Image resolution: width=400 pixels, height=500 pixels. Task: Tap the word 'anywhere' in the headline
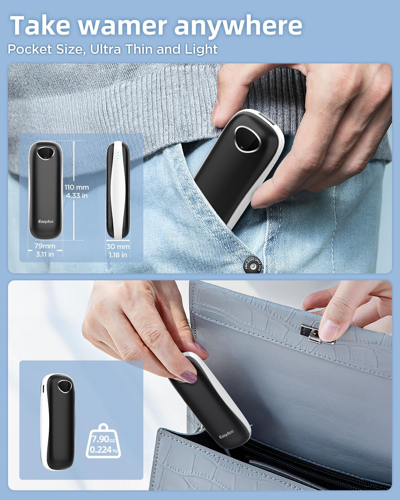click(238, 27)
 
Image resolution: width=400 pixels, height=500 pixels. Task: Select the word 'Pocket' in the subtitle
click(30, 49)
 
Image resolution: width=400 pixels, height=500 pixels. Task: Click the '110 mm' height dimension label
click(77, 187)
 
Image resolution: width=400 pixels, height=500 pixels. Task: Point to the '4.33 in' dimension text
click(77, 196)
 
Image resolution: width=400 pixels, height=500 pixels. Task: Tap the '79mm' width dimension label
click(45, 246)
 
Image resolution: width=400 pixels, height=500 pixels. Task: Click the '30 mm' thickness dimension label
click(118, 247)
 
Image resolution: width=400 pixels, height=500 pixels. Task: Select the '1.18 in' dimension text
click(118, 255)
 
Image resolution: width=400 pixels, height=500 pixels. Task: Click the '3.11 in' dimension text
click(45, 254)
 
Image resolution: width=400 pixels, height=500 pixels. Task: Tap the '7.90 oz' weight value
click(103, 439)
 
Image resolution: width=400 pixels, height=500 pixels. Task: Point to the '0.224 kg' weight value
click(104, 450)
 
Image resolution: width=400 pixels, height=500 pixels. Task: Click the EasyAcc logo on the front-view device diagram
click(46, 221)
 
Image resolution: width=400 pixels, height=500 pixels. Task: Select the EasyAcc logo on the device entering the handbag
click(226, 435)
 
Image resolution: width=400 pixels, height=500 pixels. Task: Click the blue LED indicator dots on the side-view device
click(118, 155)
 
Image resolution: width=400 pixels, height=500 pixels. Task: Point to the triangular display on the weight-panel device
click(64, 386)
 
